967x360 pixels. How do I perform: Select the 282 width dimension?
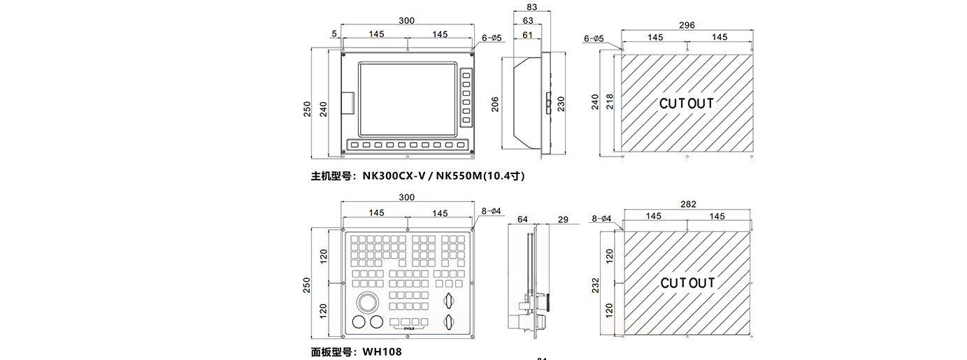coord(688,204)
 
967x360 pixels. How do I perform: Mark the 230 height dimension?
coord(560,103)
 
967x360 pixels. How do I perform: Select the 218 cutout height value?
coord(609,101)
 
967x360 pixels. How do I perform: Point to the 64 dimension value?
coord(522,219)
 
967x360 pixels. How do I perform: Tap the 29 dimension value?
coord(564,219)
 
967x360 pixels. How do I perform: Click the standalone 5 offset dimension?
coord(334,34)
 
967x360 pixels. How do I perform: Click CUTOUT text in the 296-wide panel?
coord(687,103)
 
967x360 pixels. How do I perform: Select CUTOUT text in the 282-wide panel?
coord(688,282)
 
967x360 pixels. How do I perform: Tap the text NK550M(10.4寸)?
coord(480,176)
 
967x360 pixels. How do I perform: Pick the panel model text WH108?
coord(382,352)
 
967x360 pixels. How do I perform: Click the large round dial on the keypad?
coord(367,303)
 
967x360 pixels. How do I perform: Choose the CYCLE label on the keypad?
coord(409,327)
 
